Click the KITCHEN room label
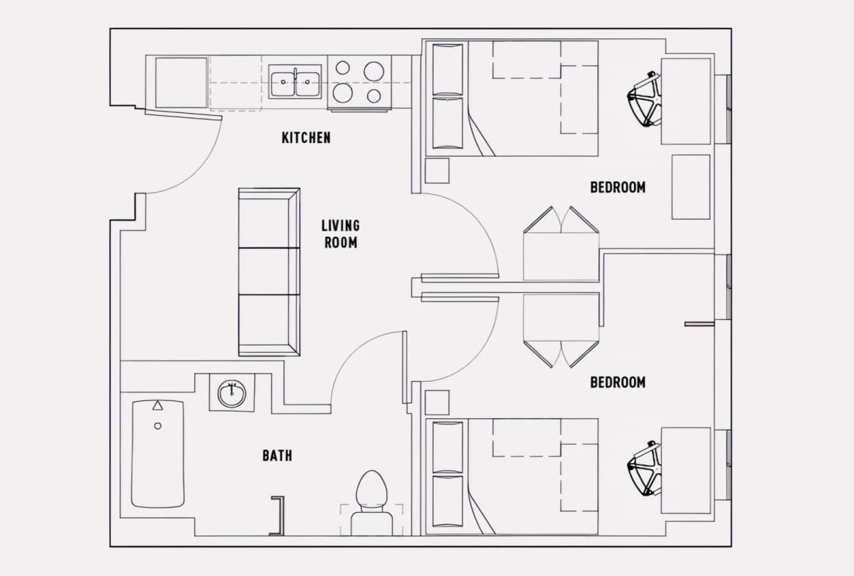click(x=306, y=137)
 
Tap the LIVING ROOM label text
click(x=340, y=234)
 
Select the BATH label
click(x=277, y=455)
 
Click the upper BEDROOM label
click(x=618, y=187)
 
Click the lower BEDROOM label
click(x=618, y=382)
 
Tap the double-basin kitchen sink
click(x=295, y=82)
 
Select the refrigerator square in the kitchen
click(x=181, y=82)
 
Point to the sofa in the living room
click(x=269, y=272)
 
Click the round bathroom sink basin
click(x=232, y=394)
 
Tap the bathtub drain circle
click(x=157, y=426)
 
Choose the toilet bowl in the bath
click(x=371, y=489)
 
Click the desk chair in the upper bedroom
click(x=644, y=99)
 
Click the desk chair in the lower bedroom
click(x=644, y=468)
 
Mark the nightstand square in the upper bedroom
click(x=437, y=171)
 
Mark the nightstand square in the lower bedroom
click(x=437, y=402)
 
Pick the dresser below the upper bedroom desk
click(x=691, y=187)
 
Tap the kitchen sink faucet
click(x=295, y=75)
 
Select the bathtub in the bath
click(x=158, y=454)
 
